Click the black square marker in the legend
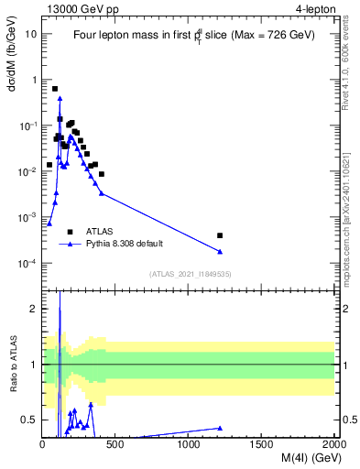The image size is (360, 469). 70,232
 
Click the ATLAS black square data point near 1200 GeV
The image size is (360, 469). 220,235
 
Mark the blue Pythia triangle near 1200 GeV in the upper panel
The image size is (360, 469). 220,252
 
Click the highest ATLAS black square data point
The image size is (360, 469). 55,89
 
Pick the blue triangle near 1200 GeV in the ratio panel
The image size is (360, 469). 220,428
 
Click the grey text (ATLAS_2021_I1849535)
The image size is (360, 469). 189,274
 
